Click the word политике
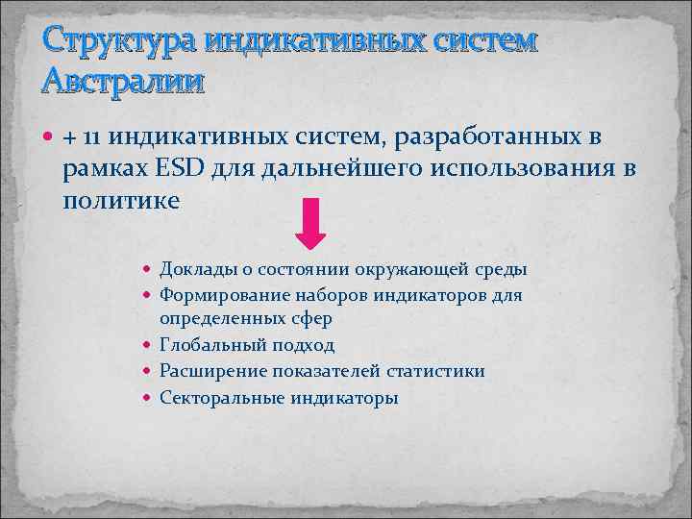pos(120,201)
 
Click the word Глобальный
pos(207,345)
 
